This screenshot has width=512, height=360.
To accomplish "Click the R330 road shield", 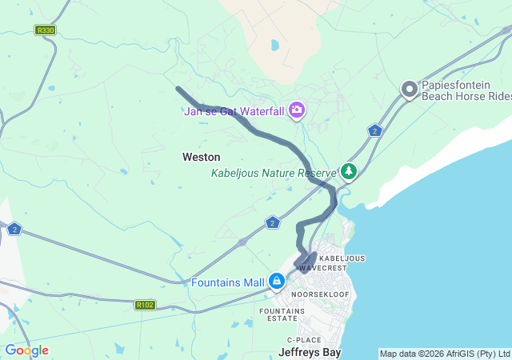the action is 45,30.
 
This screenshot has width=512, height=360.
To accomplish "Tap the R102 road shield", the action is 145,305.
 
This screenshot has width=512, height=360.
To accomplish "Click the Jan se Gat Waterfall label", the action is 235,111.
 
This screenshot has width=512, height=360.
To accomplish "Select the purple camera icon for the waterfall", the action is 297,110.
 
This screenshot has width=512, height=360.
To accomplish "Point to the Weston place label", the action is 201,158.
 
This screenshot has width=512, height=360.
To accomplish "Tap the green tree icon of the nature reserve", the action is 348,170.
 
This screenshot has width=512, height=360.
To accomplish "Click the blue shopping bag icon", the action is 277,281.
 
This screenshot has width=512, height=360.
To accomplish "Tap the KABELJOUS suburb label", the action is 342,258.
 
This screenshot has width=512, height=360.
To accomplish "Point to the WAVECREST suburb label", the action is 324,268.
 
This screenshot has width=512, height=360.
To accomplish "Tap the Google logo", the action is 26,350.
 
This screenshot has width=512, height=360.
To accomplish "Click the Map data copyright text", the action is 444,354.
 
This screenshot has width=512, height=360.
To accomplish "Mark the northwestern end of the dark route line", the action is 178,89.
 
